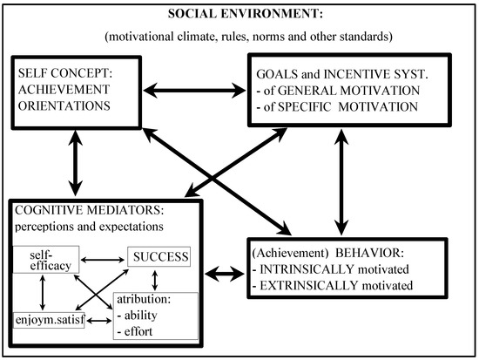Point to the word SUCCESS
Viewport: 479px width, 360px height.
[162, 257]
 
